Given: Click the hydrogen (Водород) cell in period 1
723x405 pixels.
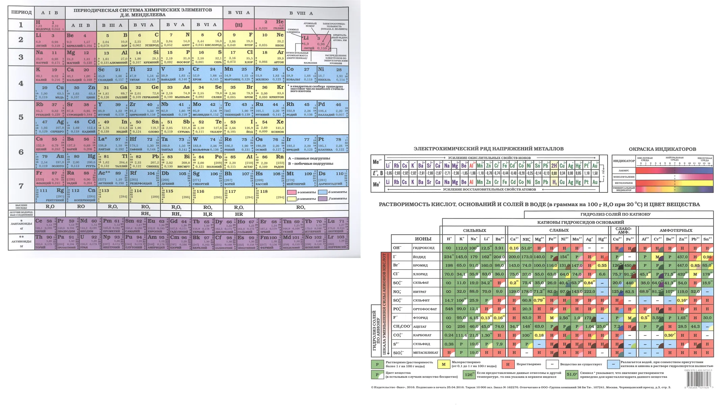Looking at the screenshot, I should coord(50,25).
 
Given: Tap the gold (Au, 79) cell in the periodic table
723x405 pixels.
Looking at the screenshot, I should coord(50,161).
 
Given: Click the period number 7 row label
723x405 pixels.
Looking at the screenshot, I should coord(21,186).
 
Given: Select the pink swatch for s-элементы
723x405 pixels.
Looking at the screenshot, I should coord(291,192).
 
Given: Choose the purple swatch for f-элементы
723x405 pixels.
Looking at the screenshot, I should coord(323,199).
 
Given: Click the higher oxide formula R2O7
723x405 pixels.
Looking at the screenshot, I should coord(239,207).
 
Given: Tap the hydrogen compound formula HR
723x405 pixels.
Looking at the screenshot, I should coord(239,214).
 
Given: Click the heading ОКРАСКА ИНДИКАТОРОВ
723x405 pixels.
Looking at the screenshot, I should coord(662,149).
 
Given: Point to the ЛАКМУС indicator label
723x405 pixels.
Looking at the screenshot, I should coord(623,171).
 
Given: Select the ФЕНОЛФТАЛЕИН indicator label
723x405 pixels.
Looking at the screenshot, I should coord(623,177).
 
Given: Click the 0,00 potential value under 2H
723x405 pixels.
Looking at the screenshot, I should coord(554,173).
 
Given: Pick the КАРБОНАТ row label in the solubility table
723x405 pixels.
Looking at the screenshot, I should coord(420,335).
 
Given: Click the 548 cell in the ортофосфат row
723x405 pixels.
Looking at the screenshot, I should coord(449,309).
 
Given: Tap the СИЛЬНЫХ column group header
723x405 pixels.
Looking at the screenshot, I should coord(474,231).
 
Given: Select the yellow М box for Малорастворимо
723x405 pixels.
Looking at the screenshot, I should coord(444,364).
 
